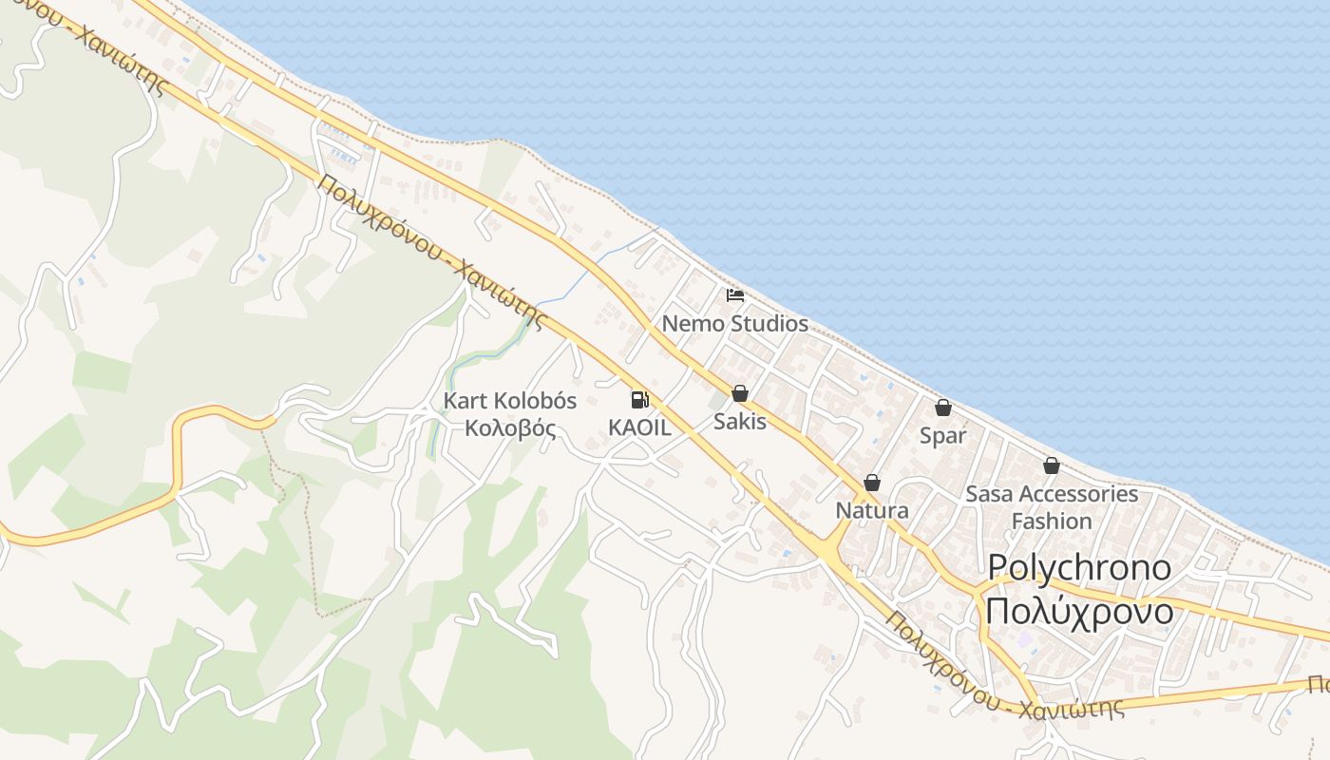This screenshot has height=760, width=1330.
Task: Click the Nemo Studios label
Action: point(734,324)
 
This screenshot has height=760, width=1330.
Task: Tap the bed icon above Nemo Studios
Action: point(734,295)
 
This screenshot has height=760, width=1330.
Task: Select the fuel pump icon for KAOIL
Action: point(639,400)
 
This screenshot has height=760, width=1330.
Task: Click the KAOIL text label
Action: point(639,427)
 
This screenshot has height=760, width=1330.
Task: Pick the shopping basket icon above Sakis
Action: point(740,393)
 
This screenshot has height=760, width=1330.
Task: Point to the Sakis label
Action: point(740,421)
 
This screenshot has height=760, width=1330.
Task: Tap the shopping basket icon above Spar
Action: point(943,408)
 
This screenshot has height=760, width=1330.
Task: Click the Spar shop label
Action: point(943,436)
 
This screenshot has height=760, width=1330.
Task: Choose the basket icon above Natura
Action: point(872,483)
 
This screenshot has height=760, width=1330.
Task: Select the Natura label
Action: point(872,511)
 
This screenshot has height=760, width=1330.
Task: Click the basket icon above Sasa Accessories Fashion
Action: point(1052,465)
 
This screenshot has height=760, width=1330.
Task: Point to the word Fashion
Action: point(1052,522)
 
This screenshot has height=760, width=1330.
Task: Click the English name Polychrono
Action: point(1079,568)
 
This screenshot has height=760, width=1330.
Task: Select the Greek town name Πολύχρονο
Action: point(1079,612)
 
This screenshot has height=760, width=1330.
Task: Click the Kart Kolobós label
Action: point(510,401)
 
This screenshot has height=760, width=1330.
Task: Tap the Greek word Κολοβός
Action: point(510,427)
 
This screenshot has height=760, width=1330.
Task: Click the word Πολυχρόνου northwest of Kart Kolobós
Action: point(380,219)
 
